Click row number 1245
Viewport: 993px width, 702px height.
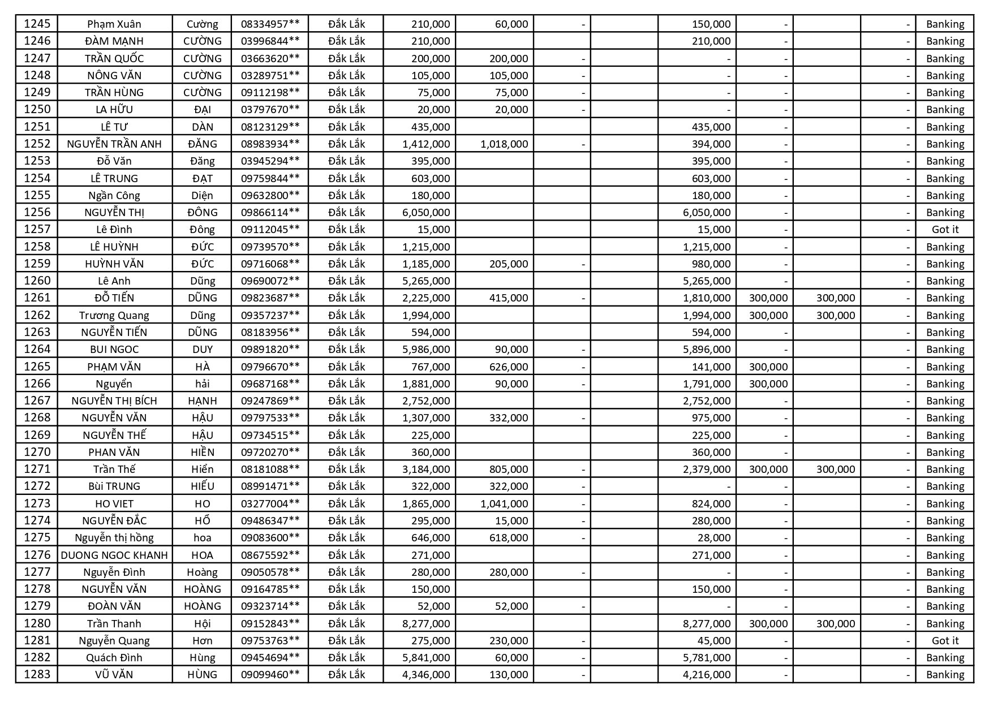[x=37, y=24]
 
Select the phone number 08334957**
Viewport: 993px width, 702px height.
[x=270, y=24]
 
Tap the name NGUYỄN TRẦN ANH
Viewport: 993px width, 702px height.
[x=114, y=144]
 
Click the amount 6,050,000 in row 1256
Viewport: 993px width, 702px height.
[x=426, y=212]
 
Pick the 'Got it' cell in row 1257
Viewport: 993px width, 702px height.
[x=945, y=229]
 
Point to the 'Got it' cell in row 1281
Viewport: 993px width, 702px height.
[x=945, y=640]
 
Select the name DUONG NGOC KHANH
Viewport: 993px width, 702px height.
[x=114, y=555]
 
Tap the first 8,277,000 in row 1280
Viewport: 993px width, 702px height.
[x=426, y=623]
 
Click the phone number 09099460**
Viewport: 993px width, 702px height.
[x=270, y=674]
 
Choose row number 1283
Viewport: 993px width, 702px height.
[x=37, y=674]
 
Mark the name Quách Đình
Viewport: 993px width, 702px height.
[x=114, y=657]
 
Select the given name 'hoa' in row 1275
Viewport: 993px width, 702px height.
[x=202, y=537]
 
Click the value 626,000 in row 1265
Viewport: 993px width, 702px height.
[x=509, y=367]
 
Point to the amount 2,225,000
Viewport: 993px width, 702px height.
[x=426, y=298]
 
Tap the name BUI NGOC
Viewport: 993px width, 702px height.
[x=114, y=349]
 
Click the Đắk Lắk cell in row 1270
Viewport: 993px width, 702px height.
[x=346, y=452]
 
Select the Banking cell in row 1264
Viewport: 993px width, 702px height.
[x=945, y=349]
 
